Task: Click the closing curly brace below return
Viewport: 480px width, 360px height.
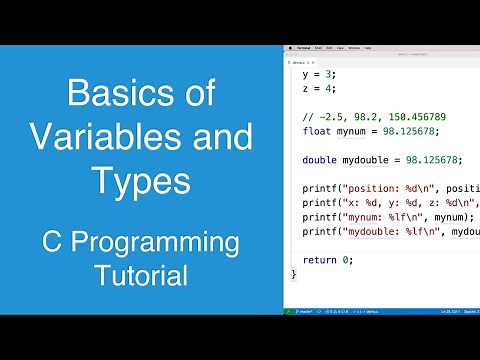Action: (294, 273)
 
